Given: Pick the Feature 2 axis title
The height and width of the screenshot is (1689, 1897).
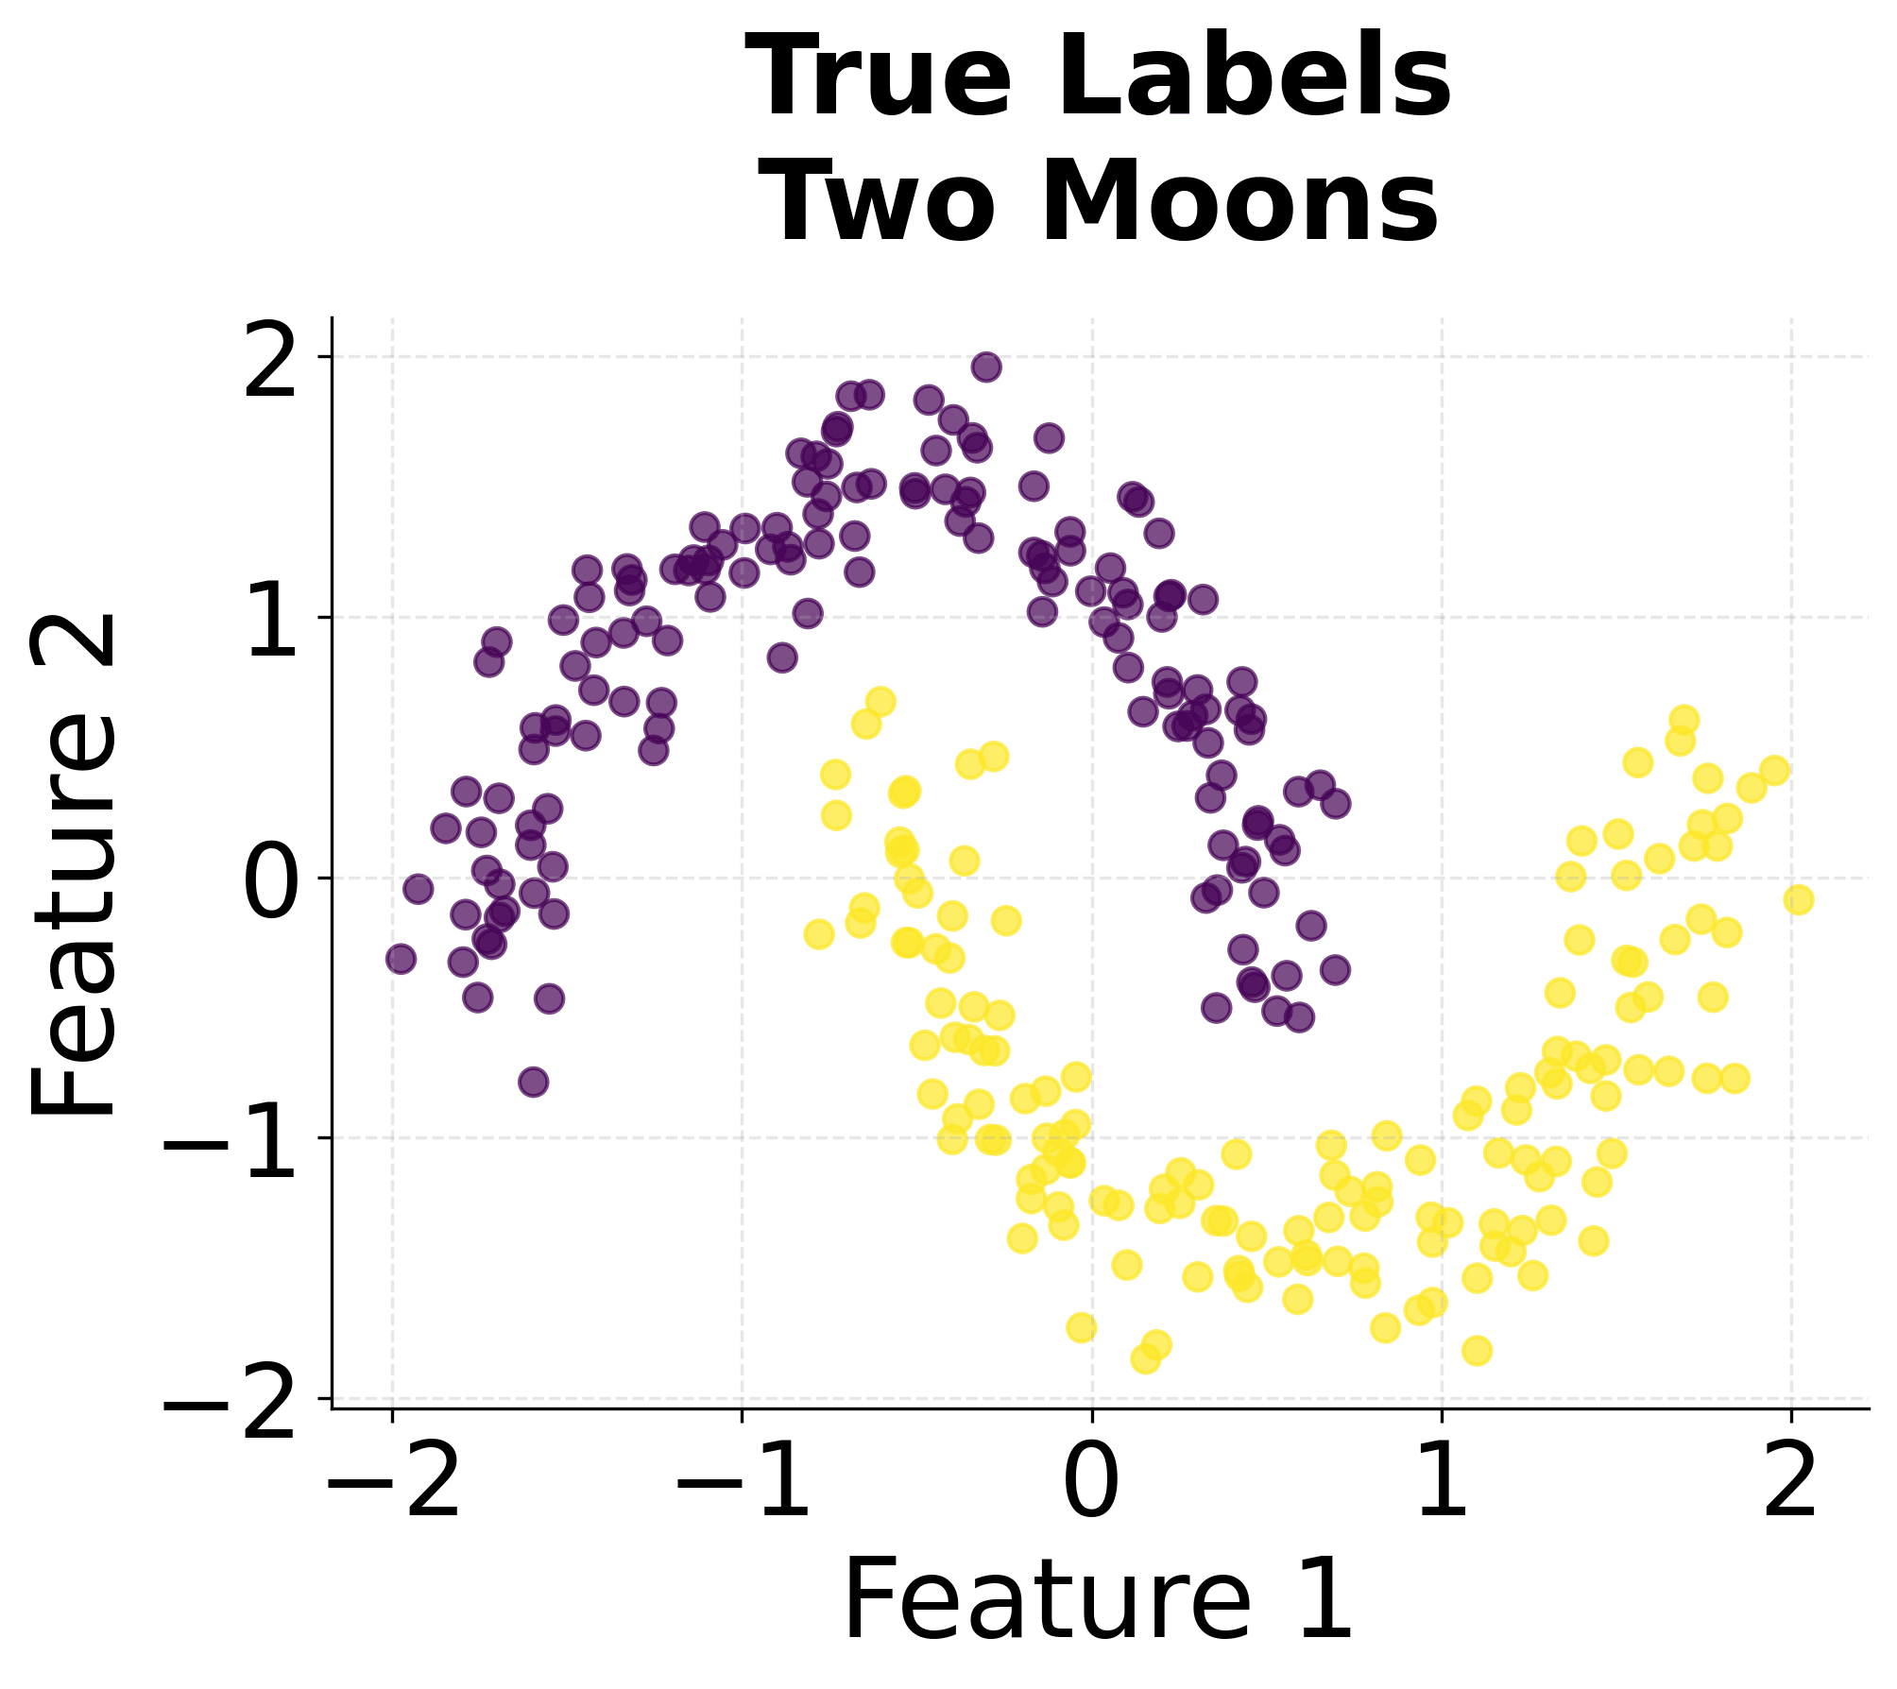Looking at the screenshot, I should click(x=74, y=863).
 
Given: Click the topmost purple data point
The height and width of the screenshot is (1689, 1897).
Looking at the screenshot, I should click(x=986, y=367).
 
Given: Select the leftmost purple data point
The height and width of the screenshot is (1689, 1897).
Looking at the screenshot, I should click(x=402, y=959).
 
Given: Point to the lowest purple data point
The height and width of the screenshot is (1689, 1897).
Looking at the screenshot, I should click(x=534, y=1082).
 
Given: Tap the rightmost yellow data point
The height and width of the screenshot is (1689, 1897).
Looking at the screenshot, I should click(x=1799, y=899).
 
